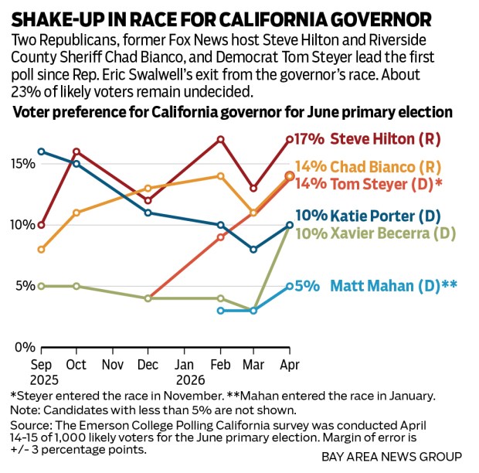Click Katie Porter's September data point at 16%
(41, 151)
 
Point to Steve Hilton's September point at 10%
(41, 225)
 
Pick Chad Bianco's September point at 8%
(41, 249)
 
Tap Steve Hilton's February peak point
(221, 139)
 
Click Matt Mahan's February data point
(221, 310)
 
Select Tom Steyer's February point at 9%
(221, 236)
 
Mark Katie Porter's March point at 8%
(253, 249)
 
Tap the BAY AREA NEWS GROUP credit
(403, 457)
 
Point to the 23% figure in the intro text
(29, 92)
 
